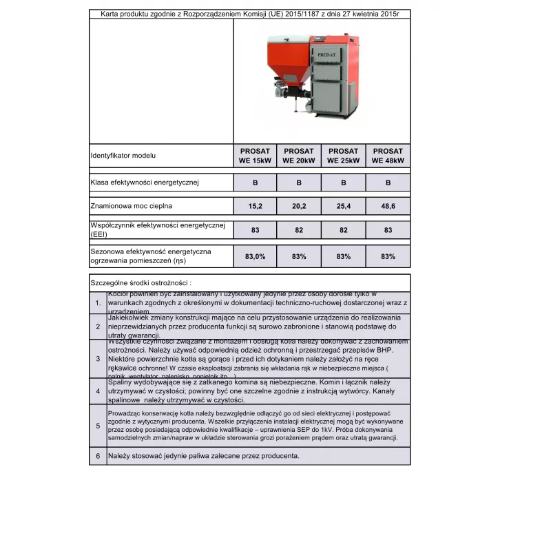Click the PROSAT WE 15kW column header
click(255, 156)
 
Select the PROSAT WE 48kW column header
click(388, 156)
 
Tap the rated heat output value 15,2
click(255, 205)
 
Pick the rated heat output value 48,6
click(388, 205)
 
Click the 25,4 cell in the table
click(344, 205)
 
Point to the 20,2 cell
click(299, 205)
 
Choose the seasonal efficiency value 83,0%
click(255, 256)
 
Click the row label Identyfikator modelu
click(123, 156)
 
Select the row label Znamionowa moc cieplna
click(132, 205)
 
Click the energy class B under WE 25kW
click(344, 183)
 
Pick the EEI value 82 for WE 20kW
click(299, 230)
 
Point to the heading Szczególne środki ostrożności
click(141, 282)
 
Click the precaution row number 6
click(98, 456)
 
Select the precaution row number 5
click(98, 426)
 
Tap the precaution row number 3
click(98, 358)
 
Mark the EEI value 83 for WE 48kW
click(388, 230)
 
